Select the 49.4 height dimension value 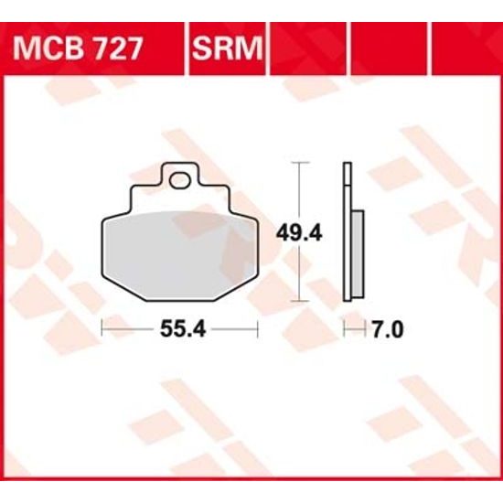(301, 232)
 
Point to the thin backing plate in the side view (347, 229)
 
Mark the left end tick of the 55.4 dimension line (101, 326)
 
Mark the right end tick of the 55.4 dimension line (259, 326)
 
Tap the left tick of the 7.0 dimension (344, 326)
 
